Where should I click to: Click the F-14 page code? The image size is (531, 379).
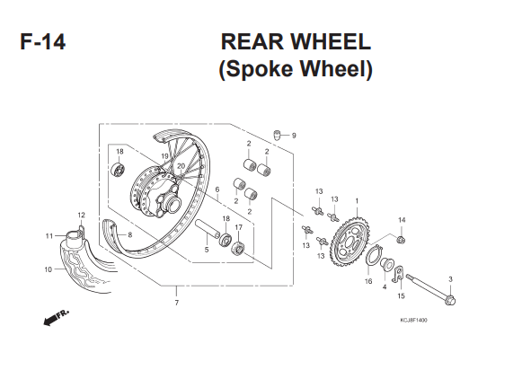(42, 42)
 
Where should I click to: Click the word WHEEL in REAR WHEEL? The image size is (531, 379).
(331, 42)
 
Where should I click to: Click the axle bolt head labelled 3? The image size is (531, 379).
(451, 300)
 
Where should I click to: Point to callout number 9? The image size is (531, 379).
(294, 136)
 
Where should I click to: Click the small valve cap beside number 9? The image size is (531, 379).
(278, 135)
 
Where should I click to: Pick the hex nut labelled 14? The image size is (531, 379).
(402, 240)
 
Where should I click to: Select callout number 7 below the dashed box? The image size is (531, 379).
(176, 303)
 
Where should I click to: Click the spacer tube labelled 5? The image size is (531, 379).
(208, 228)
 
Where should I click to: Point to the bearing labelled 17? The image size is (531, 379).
(238, 249)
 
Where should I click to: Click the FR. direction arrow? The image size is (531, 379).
(56, 317)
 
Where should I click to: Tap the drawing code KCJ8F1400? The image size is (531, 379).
(413, 320)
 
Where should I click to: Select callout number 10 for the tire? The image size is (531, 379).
(49, 269)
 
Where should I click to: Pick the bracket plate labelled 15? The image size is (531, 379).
(398, 273)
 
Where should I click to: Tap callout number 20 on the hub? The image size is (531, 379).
(181, 166)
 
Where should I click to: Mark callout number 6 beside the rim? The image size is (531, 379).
(217, 189)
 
